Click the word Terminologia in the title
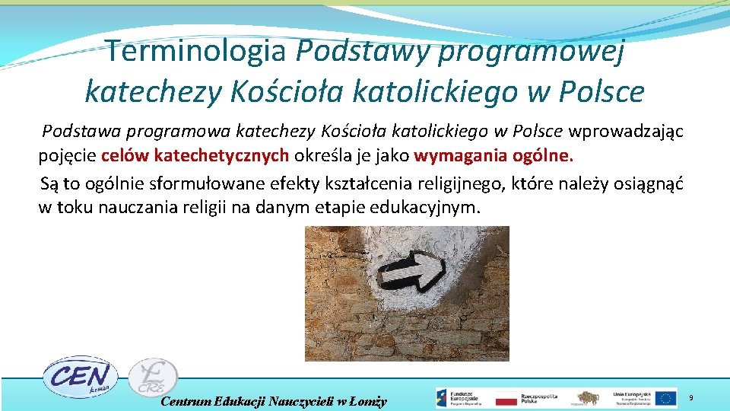[195, 52]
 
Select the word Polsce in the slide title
[601, 91]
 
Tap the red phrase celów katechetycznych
[195, 157]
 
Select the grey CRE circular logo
[153, 378]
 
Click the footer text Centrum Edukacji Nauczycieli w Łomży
[274, 401]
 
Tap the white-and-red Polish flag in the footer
[506, 398]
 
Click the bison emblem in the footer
[586, 397]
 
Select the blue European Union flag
[666, 397]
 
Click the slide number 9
[690, 398]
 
